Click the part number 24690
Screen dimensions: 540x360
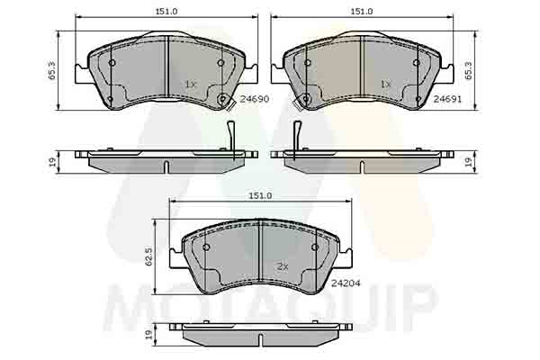pyautogui.click(x=254, y=100)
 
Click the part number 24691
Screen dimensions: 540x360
pyautogui.click(x=447, y=99)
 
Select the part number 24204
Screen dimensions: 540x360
pyautogui.click(x=346, y=283)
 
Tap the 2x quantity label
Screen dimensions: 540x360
pyautogui.click(x=283, y=266)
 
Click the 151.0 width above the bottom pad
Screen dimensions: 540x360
pyautogui.click(x=261, y=195)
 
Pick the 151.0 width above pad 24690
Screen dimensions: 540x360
pyautogui.click(x=166, y=12)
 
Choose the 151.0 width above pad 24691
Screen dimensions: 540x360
pyautogui.click(x=362, y=12)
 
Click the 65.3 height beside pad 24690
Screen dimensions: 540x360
pyautogui.click(x=51, y=70)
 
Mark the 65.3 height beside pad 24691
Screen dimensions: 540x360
pyautogui.click(x=469, y=70)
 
